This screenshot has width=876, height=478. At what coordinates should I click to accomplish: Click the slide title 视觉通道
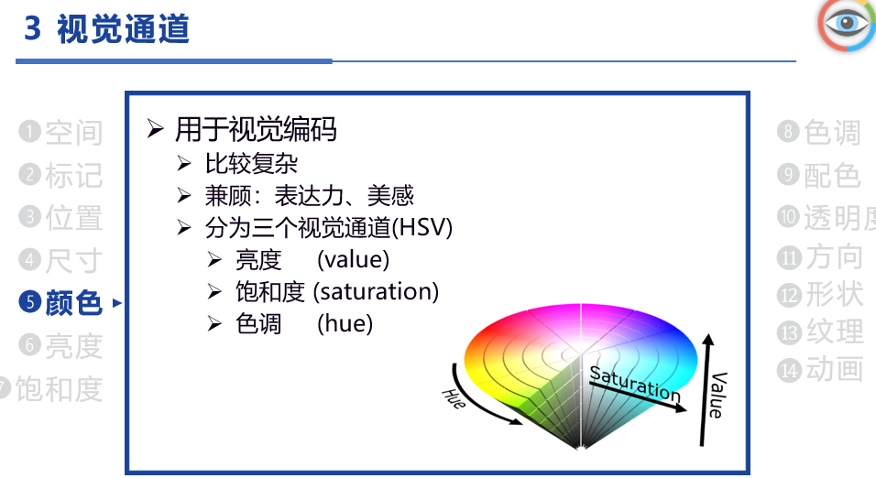[x=124, y=29]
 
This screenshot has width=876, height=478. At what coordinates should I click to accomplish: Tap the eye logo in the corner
[x=847, y=25]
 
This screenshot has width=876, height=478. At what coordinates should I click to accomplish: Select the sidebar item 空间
[x=73, y=133]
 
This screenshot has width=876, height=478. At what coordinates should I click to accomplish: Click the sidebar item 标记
[x=73, y=175]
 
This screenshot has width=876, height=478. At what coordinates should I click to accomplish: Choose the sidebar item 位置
[x=73, y=218]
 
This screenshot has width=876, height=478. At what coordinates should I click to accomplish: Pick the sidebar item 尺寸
[x=73, y=260]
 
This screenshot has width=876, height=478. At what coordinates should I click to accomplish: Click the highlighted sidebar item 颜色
[x=73, y=303]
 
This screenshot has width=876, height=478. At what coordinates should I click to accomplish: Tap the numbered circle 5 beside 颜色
[x=30, y=302]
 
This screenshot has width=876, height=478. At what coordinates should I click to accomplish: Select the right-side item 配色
[x=832, y=175]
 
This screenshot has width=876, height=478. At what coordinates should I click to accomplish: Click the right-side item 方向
[x=834, y=257]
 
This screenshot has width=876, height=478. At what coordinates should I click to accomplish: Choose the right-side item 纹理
[x=835, y=331]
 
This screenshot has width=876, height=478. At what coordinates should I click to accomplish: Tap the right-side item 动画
[x=835, y=369]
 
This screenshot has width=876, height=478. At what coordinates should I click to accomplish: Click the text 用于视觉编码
[x=256, y=129]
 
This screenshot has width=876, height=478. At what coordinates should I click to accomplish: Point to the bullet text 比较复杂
[x=251, y=164]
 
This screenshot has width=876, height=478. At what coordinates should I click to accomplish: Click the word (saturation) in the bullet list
[x=376, y=291]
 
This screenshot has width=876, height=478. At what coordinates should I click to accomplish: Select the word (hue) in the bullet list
[x=345, y=323]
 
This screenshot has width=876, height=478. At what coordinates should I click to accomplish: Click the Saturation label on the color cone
[x=635, y=385]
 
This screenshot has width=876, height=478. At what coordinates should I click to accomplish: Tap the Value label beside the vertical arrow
[x=717, y=395]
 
